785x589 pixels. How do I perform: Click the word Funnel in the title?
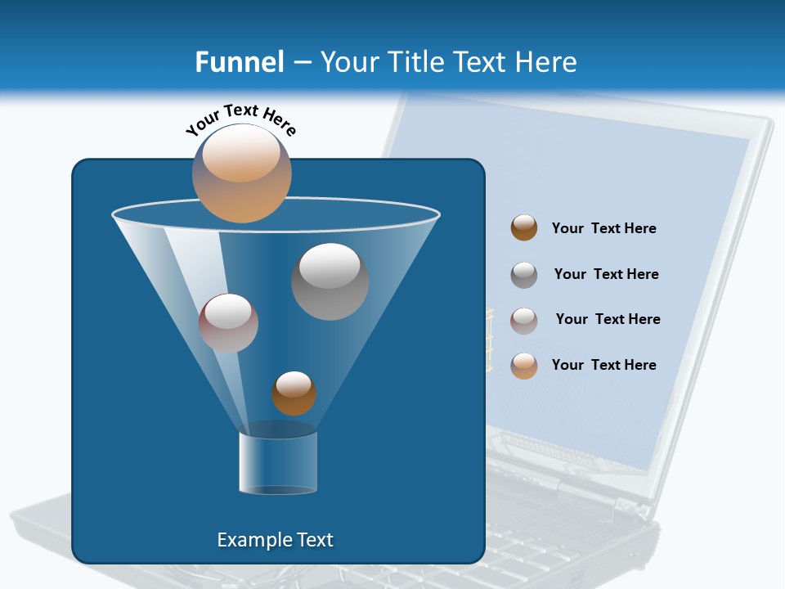point(240,62)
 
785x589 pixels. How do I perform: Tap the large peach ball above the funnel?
point(242,173)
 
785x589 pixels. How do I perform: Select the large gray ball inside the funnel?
point(330,281)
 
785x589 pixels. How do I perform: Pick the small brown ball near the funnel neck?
point(294,393)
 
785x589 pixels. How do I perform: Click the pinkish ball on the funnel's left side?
point(228,323)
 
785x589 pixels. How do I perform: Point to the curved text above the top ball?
point(240,119)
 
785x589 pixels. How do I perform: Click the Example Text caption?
point(276,540)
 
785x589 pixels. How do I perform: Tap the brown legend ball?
point(524,228)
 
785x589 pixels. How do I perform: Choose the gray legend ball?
point(524,275)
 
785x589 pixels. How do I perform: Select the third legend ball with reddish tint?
point(524,321)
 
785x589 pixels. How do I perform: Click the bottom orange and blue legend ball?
point(524,366)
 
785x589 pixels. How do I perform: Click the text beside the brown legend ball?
point(604,229)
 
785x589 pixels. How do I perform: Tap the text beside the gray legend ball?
point(607,275)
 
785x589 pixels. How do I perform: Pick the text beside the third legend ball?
point(608,320)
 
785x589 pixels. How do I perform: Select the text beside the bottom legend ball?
point(604,366)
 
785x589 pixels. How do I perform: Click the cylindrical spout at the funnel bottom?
point(278,462)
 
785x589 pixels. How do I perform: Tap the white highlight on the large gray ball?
point(330,265)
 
